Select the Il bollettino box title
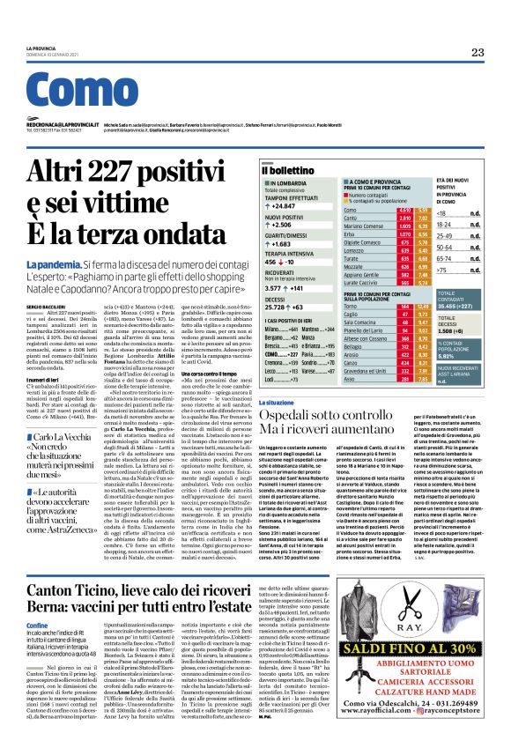[x=288, y=169]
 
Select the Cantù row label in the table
[x=352, y=218]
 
